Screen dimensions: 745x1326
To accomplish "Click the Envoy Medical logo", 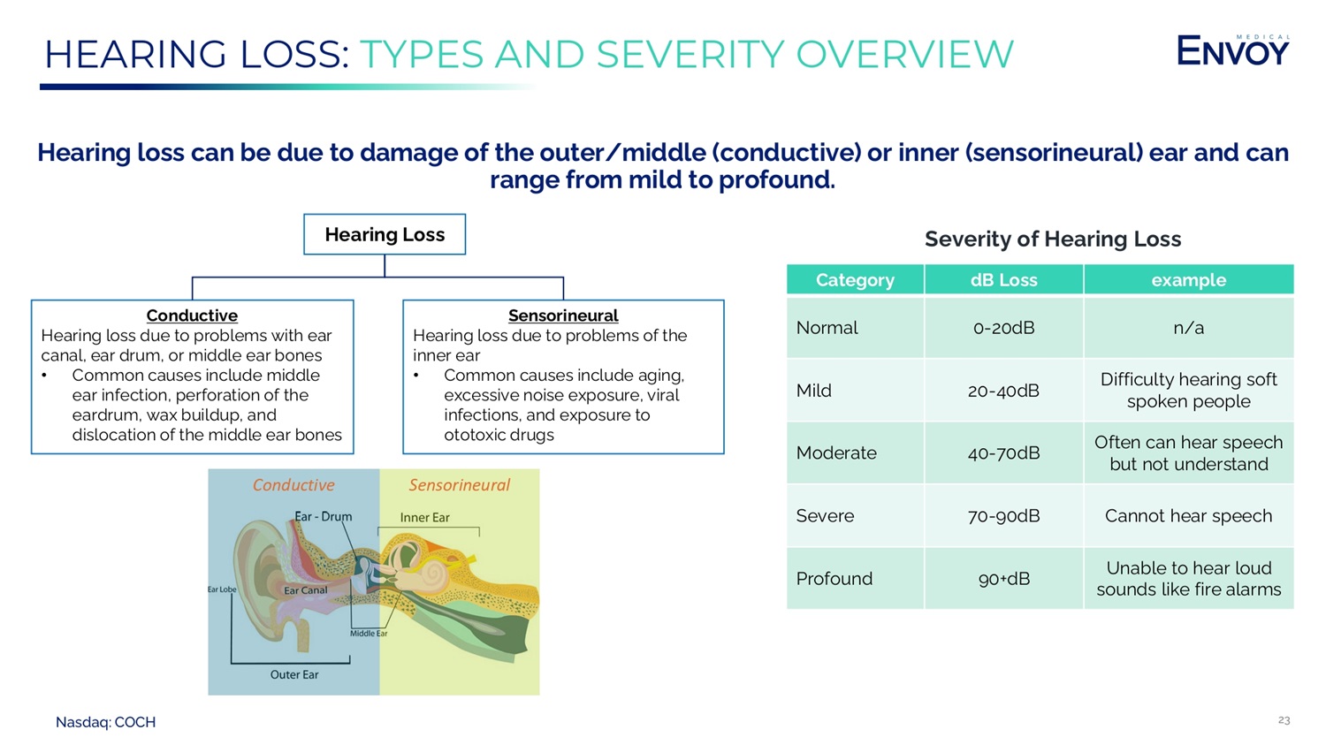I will click(1232, 51).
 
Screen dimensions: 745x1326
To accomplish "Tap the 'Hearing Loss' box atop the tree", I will click(385, 234).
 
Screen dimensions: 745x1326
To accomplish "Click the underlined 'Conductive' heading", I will click(192, 315).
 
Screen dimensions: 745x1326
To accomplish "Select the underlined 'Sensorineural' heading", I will click(563, 315).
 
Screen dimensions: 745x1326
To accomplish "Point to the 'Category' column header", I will click(855, 280).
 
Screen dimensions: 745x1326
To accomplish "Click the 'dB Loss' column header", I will click(1003, 280).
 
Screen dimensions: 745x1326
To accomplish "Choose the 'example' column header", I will click(1188, 280).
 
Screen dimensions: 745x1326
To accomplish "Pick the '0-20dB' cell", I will click(1003, 328).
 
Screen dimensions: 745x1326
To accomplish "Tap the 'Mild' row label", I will click(814, 391).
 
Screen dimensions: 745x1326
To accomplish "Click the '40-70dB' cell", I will click(1003, 453).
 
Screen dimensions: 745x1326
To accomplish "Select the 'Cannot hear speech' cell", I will click(1188, 516).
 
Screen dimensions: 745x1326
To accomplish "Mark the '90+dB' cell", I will click(1003, 579).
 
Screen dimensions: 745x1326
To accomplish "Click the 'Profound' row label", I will click(834, 579).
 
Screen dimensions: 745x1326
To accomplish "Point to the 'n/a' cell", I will click(1188, 328).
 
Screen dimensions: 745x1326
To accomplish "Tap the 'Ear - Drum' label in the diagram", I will click(324, 517).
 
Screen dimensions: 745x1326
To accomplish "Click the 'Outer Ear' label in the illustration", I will click(294, 674).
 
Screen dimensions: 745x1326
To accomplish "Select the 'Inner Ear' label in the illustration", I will click(424, 518).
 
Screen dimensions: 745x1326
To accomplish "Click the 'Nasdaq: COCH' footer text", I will click(106, 722).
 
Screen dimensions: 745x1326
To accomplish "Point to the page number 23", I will click(1284, 720).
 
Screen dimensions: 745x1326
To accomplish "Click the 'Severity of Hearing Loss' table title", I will click(1052, 239).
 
